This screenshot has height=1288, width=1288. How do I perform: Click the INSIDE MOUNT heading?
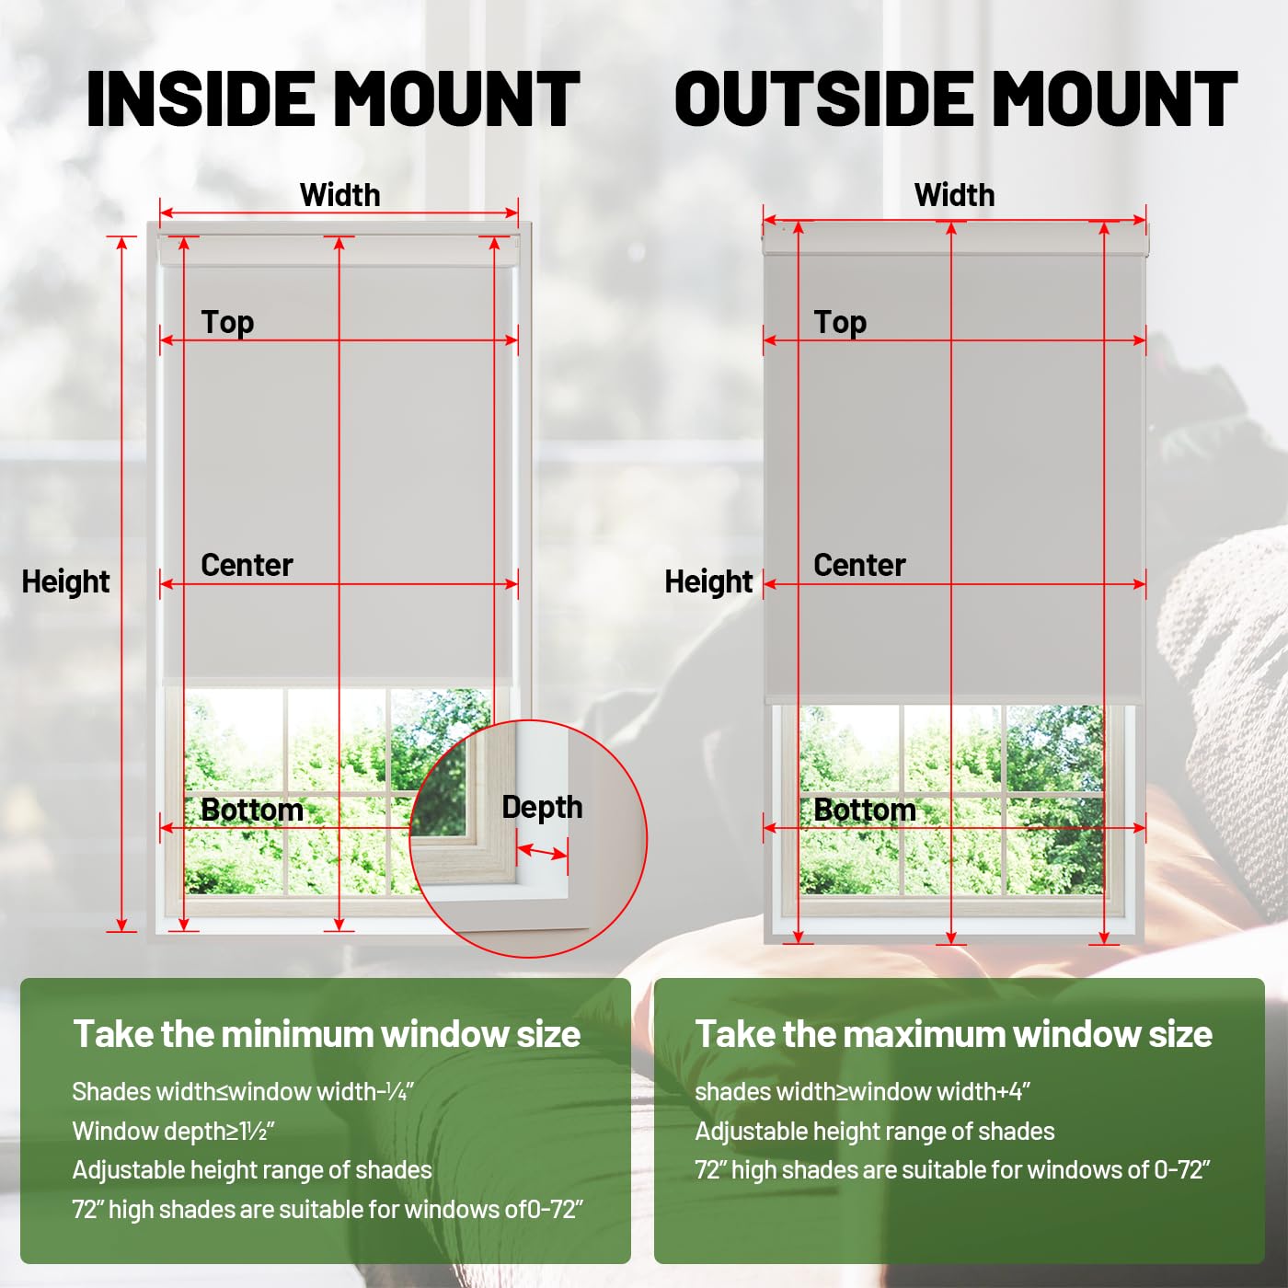click(333, 99)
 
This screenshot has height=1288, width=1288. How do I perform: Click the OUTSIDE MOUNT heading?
click(956, 99)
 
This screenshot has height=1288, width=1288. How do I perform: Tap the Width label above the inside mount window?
click(339, 195)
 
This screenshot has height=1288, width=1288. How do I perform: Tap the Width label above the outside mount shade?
click(954, 195)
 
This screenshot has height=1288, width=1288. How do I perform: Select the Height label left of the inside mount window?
click(65, 581)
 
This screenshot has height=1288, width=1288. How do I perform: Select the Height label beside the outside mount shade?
click(708, 581)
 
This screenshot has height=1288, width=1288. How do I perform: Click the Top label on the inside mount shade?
click(227, 322)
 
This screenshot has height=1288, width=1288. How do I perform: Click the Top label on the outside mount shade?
click(840, 322)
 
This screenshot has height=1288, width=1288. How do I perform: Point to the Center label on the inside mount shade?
click(247, 565)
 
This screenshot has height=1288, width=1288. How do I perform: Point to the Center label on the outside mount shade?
click(859, 565)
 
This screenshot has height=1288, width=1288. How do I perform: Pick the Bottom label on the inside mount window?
click(252, 810)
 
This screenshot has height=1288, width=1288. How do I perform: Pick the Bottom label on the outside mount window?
click(865, 810)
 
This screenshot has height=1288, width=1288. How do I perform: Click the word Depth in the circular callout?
click(542, 807)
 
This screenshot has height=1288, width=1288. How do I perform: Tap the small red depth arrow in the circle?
click(542, 852)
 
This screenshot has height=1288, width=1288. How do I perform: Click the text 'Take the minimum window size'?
click(327, 1034)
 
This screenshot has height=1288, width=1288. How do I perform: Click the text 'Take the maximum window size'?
click(953, 1034)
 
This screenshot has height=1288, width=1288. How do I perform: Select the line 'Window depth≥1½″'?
click(174, 1131)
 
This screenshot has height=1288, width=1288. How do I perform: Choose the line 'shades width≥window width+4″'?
click(862, 1091)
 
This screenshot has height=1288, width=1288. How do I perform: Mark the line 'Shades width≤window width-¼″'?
click(243, 1091)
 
